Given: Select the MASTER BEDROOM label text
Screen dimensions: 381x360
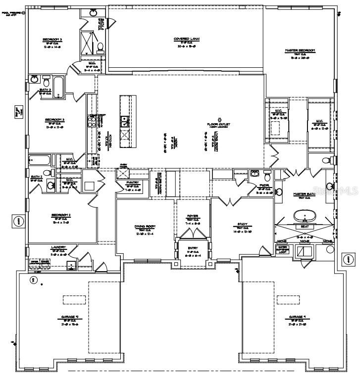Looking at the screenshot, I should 300,50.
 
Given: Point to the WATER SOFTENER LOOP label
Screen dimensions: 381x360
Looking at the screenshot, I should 283,249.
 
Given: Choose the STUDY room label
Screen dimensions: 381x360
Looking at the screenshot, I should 242,224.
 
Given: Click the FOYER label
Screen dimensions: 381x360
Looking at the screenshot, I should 193,217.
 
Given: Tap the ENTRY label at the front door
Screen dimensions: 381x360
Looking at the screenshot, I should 193,248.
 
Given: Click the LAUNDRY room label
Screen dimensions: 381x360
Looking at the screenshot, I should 58,247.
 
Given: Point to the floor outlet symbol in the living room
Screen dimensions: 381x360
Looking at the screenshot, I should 219,119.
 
